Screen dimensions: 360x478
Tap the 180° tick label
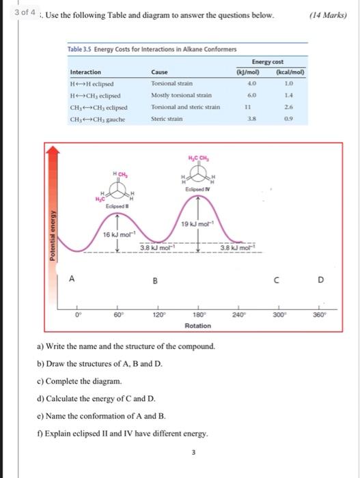tap(197, 315)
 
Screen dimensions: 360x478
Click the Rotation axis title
tap(198, 326)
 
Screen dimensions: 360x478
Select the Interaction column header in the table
tap(85, 72)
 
